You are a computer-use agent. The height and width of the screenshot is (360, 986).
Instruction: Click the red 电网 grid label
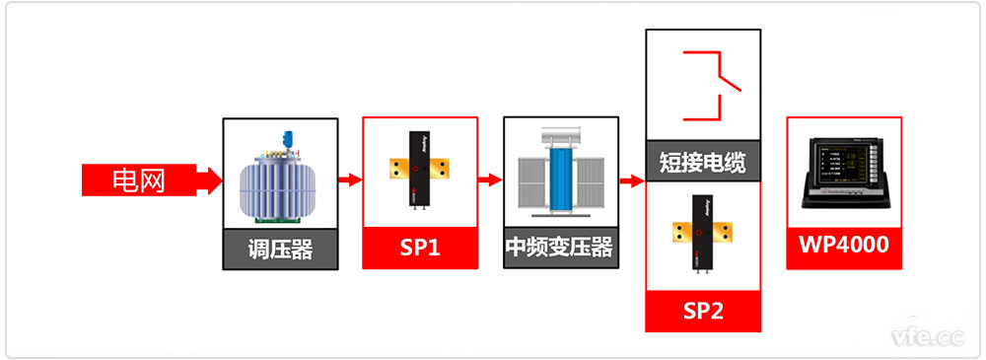tap(138, 180)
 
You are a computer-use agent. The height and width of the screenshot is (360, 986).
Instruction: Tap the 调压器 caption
tap(281, 250)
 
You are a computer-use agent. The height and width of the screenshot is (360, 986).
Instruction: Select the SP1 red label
tap(420, 249)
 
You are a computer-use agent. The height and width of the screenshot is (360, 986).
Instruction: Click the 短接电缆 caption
tap(703, 162)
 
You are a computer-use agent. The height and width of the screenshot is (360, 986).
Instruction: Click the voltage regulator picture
tap(281, 179)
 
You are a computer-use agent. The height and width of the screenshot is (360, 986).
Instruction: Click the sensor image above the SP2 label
tap(703, 233)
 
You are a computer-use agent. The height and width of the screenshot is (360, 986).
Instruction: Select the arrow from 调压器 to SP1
tap(350, 180)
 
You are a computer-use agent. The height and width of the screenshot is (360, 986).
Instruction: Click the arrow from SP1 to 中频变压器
tap(490, 180)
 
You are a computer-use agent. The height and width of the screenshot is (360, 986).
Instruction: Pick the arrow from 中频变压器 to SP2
tap(632, 180)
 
